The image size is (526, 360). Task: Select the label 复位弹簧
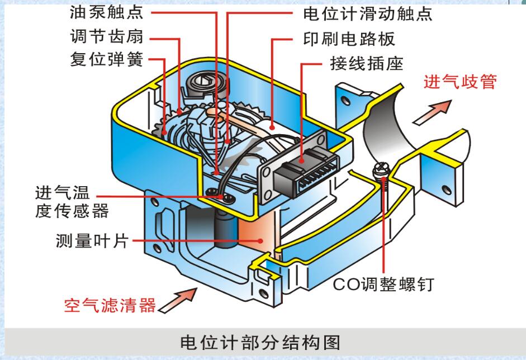[x=107, y=59]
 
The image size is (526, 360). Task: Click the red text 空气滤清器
[x=109, y=305]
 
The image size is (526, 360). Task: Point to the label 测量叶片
[x=93, y=241]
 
